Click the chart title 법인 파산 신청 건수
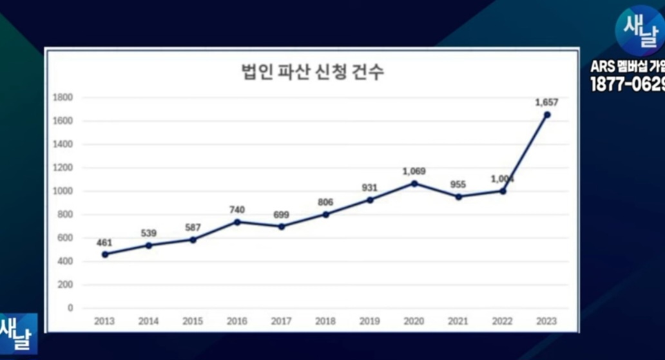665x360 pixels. pos(311,71)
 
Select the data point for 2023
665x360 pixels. pos(547,115)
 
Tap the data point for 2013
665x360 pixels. pos(105,254)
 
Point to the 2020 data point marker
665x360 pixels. pos(414,183)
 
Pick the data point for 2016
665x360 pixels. pos(237,222)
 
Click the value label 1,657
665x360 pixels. pos(546,102)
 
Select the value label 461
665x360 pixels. pos(104,243)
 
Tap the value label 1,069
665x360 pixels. pos(414,171)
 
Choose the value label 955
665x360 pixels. pos(458,185)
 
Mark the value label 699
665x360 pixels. pos(281,215)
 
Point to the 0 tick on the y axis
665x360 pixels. pos(70,308)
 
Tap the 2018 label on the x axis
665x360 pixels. pos(325,321)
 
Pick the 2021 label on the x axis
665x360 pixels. pos(458,321)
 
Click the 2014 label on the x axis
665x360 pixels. pos(148,321)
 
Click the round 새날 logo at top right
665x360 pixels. pos(639,30)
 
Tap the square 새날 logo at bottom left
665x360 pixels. pos(17,333)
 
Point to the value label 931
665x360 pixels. pos(370,187)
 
